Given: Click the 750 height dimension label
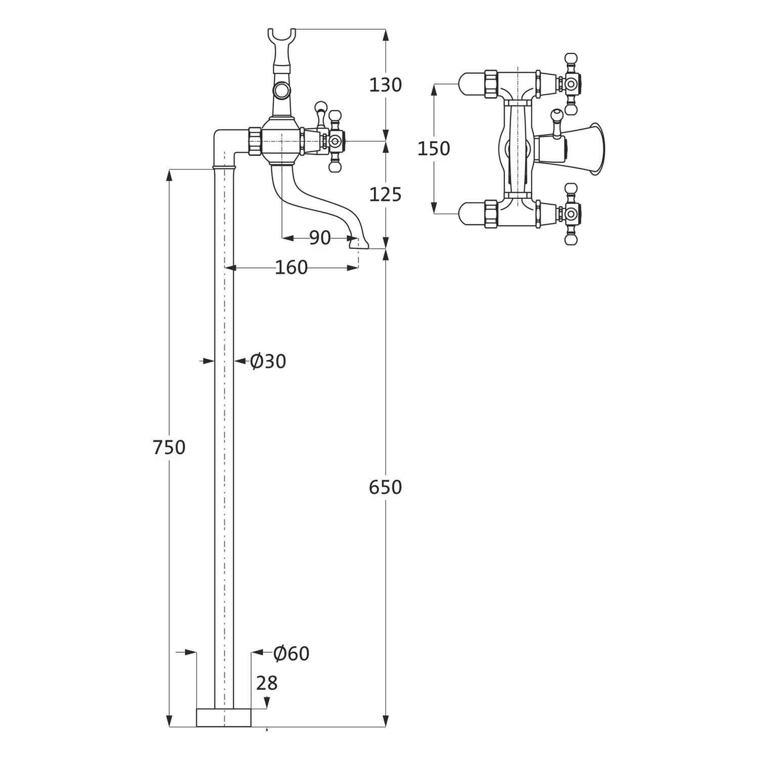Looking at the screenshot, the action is (170, 447).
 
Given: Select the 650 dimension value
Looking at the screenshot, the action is (385, 487).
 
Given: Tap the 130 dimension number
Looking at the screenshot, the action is (385, 85).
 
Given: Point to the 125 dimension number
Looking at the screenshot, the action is (385, 194).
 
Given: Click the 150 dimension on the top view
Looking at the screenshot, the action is (434, 148).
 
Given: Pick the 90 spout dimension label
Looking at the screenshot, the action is (320, 237).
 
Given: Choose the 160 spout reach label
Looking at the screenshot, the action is (291, 267).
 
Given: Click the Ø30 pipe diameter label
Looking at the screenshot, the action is (268, 361).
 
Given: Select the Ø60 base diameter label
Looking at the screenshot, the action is (291, 654).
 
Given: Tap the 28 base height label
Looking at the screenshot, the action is (267, 683).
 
